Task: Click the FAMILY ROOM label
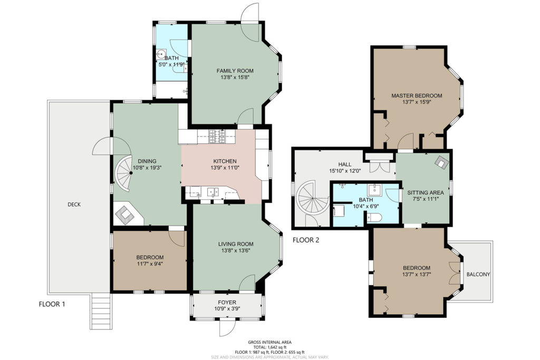[x=235, y=71]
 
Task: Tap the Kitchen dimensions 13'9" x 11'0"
[x=225, y=168]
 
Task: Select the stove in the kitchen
[x=217, y=137]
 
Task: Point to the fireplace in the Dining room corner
[x=124, y=215]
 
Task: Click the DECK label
[x=74, y=205]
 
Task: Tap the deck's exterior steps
[x=101, y=312]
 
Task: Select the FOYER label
[x=227, y=303]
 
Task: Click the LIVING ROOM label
[x=236, y=244]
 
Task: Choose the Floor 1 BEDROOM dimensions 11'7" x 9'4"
[x=150, y=264]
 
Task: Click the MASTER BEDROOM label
[x=417, y=96]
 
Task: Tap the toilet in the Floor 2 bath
[x=374, y=217]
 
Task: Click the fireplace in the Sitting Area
[x=441, y=161]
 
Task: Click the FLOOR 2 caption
[x=306, y=240]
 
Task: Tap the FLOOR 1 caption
[x=52, y=304]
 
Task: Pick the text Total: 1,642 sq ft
[x=269, y=347]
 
